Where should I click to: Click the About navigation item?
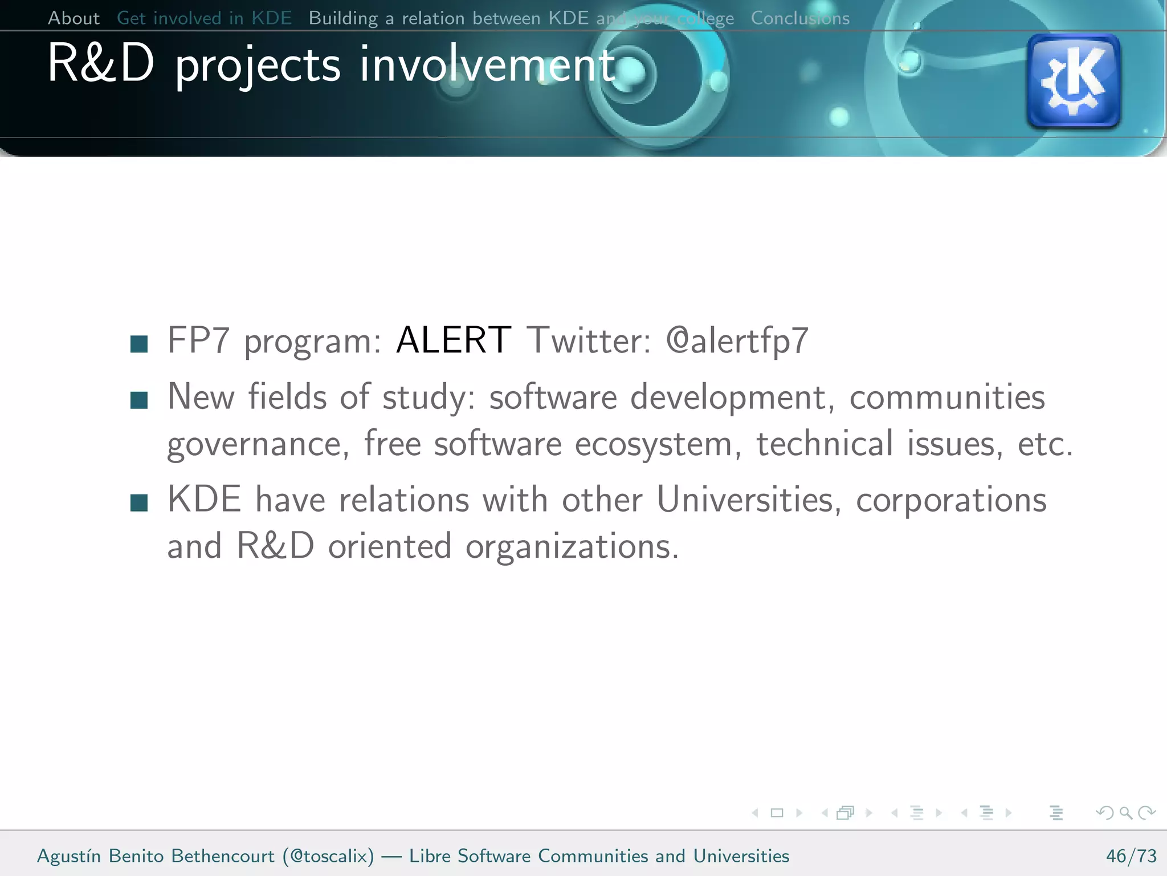pos(74,18)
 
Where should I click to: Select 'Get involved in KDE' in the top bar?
pos(204,18)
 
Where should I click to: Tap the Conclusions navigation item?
pos(799,18)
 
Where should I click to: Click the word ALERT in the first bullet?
pos(454,340)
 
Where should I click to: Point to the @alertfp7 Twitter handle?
pos(737,341)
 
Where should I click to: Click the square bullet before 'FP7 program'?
pos(139,344)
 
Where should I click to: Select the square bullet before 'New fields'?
pos(139,400)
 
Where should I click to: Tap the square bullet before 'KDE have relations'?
pos(139,503)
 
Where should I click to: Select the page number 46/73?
pos(1131,856)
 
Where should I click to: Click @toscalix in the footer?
pos(328,856)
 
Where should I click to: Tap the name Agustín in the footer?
pos(68,856)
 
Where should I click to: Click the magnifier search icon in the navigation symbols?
pos(1125,813)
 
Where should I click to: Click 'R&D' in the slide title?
pos(101,64)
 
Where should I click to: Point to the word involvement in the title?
pos(487,65)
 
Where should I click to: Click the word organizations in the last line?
pos(572,547)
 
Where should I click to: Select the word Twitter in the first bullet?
pos(588,341)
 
